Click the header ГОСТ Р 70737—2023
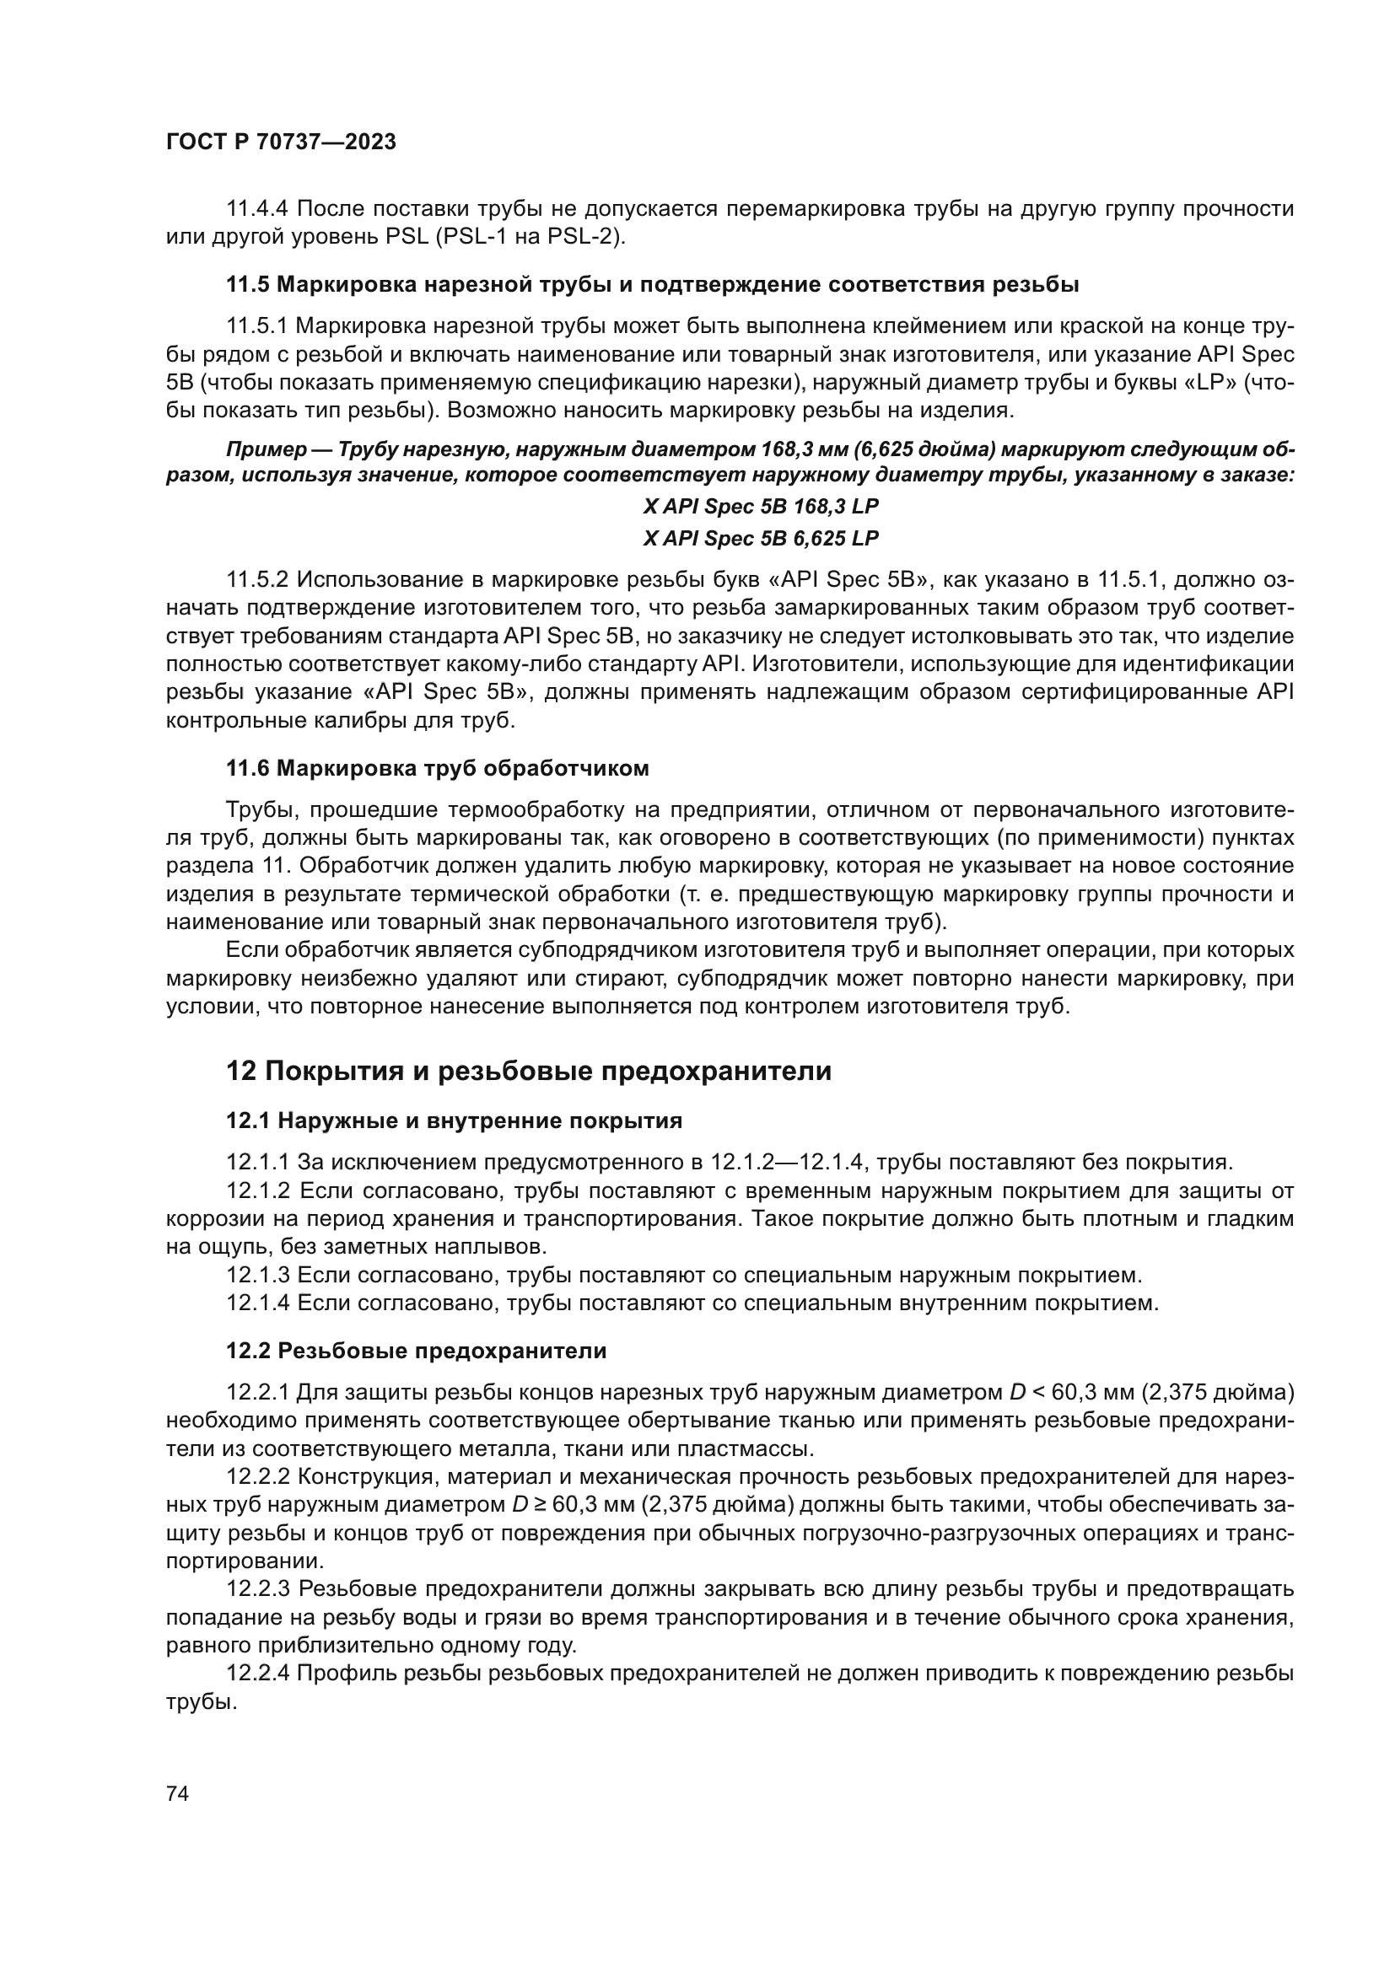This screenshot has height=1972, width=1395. click(281, 142)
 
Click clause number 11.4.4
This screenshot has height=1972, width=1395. click(258, 209)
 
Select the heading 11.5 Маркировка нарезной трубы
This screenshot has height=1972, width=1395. click(652, 284)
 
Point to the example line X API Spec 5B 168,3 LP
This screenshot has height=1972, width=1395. click(760, 507)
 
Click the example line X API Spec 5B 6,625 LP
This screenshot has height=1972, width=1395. click(760, 539)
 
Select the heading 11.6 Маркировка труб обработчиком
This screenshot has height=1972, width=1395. click(437, 769)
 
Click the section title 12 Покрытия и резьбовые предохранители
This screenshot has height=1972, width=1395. click(528, 1071)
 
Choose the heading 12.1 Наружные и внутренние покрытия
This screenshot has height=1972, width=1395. click(454, 1120)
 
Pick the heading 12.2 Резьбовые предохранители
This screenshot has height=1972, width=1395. click(416, 1351)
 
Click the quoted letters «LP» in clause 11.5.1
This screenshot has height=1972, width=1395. click(1210, 383)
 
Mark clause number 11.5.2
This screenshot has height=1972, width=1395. click(258, 581)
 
